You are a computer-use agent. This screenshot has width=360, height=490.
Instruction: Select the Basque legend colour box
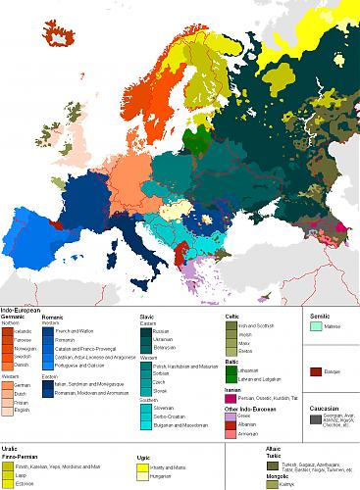coord(315,372)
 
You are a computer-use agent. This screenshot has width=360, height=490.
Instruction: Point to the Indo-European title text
coord(22,310)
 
